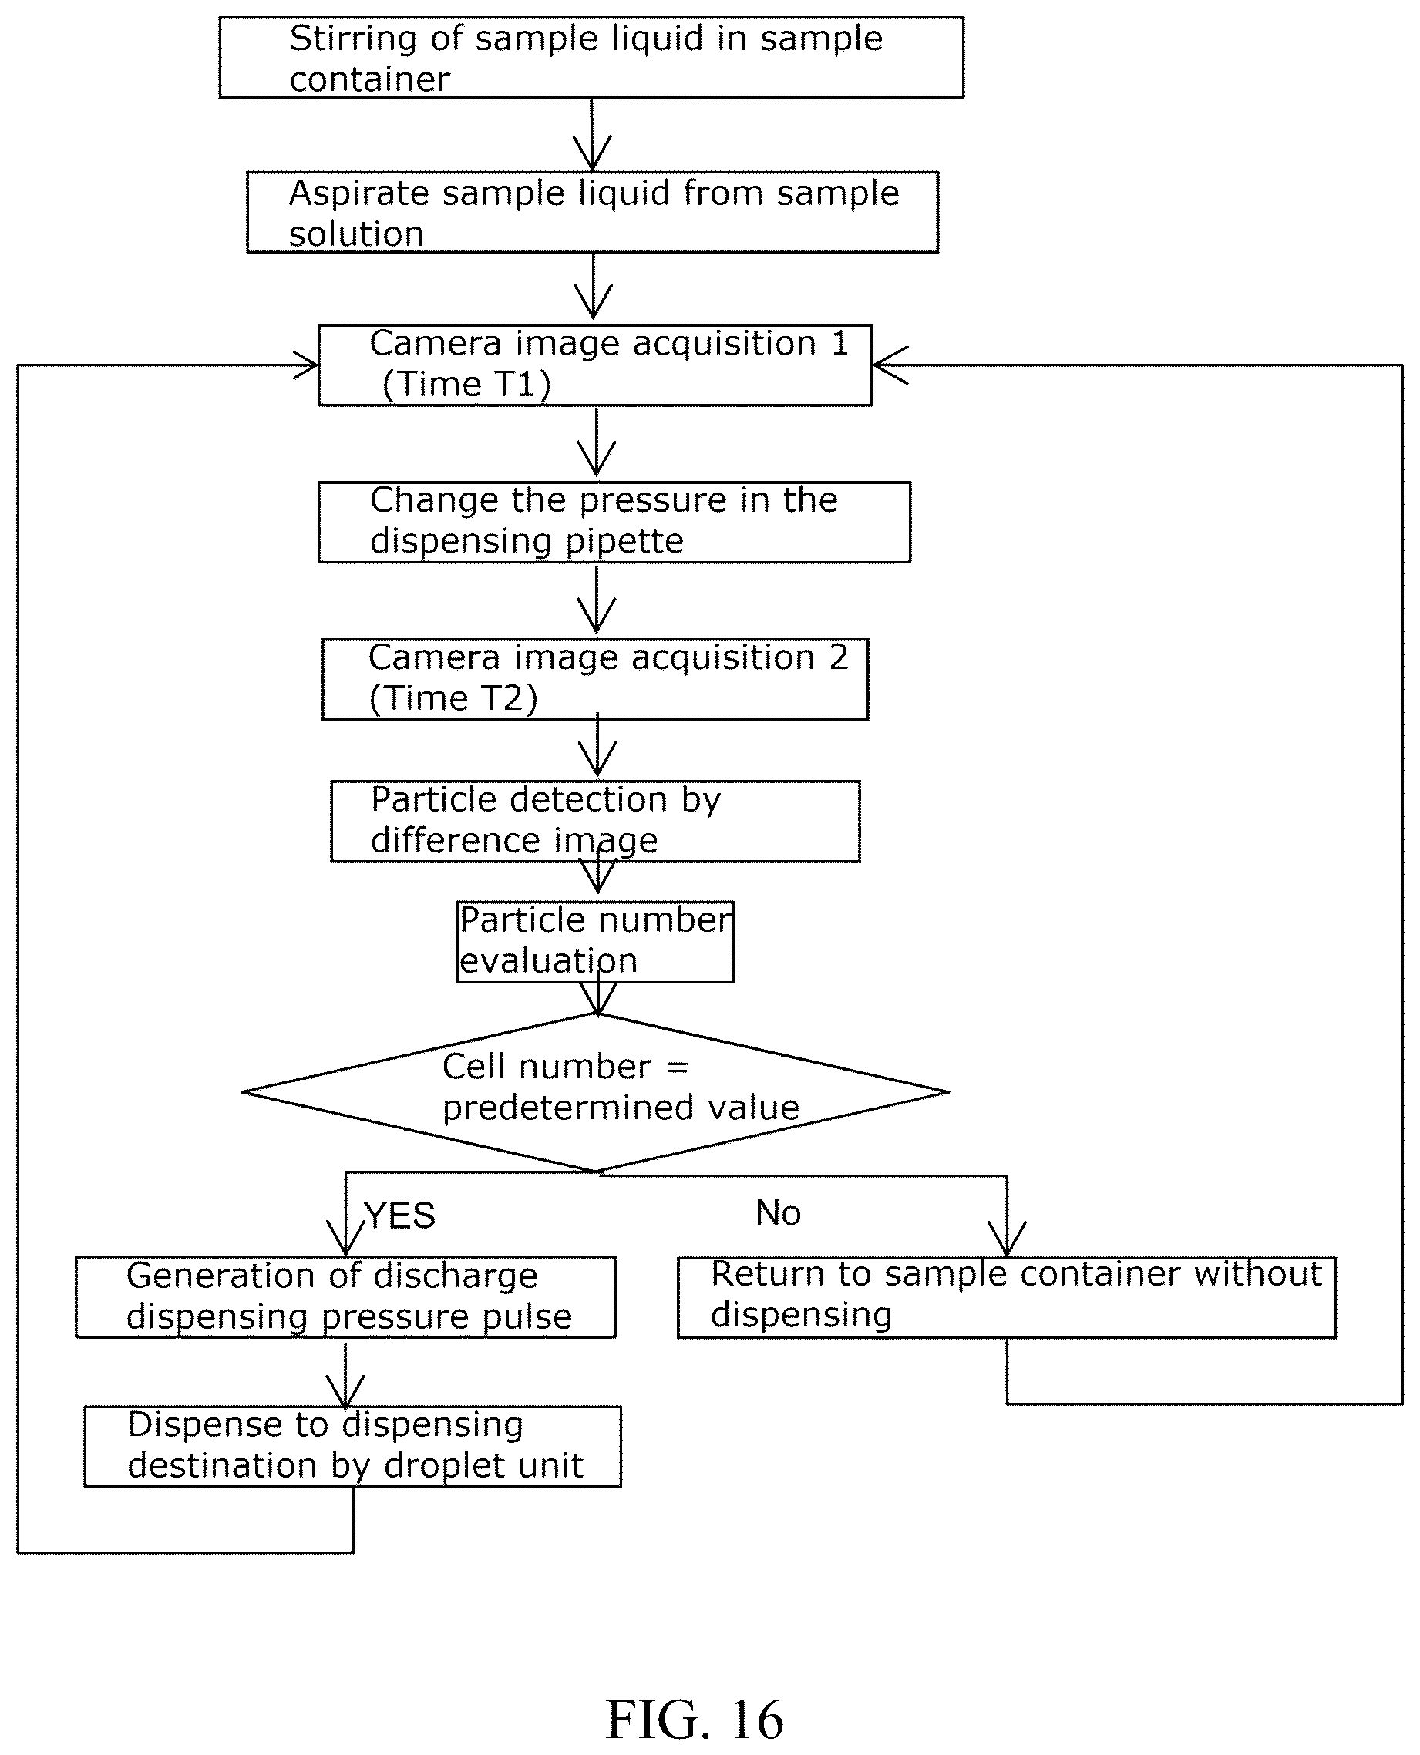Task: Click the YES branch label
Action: (x=400, y=1215)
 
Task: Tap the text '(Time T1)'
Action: (x=466, y=385)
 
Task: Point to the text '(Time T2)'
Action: (x=453, y=698)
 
